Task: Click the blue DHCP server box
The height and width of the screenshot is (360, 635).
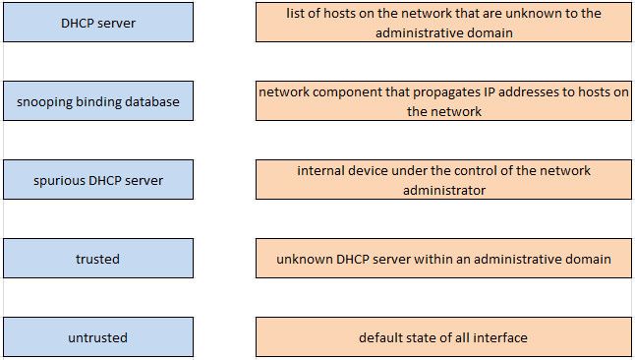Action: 98,22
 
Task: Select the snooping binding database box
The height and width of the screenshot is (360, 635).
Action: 98,101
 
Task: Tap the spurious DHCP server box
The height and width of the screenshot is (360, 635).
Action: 98,180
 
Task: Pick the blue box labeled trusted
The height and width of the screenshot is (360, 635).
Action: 98,259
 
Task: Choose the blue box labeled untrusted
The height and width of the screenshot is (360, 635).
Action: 98,337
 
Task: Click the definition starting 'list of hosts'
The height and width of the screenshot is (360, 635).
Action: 443,22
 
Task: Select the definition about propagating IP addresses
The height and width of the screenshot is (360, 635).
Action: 443,101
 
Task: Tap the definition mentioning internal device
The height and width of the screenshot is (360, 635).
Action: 443,180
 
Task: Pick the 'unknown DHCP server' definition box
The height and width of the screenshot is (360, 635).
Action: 443,259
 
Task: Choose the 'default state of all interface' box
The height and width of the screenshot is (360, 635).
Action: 443,337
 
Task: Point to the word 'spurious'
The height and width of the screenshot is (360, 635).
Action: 58,180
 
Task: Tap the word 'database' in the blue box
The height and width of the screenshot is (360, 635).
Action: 151,101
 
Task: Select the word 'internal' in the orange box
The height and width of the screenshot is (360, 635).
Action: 320,170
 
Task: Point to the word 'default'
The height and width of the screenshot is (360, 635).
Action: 381,337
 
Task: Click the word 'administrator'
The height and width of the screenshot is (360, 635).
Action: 443,190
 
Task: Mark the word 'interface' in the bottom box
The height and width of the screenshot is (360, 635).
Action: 498,337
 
